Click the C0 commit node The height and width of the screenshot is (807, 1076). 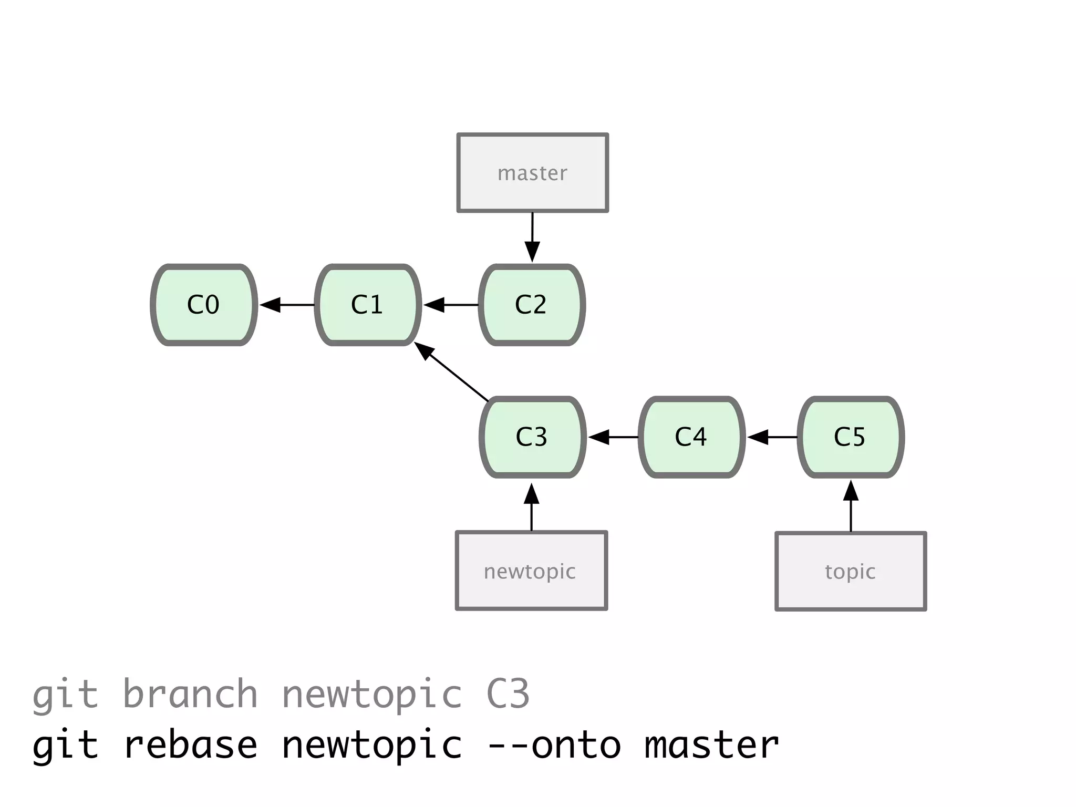coord(204,305)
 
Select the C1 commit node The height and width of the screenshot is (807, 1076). coord(368,305)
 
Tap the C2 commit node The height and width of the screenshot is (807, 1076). coord(532,305)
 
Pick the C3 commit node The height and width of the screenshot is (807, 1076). coord(532,437)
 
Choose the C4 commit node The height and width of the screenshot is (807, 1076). coord(691,437)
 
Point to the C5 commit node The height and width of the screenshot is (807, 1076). coord(851,437)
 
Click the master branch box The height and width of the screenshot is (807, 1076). coord(532,173)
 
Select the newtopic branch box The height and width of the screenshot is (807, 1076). coord(531,571)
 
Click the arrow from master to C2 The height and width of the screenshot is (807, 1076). coord(532,236)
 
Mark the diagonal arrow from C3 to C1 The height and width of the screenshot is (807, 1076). coord(452,372)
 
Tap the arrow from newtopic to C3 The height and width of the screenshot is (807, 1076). coord(532,506)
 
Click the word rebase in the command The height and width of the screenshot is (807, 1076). coord(190,745)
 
